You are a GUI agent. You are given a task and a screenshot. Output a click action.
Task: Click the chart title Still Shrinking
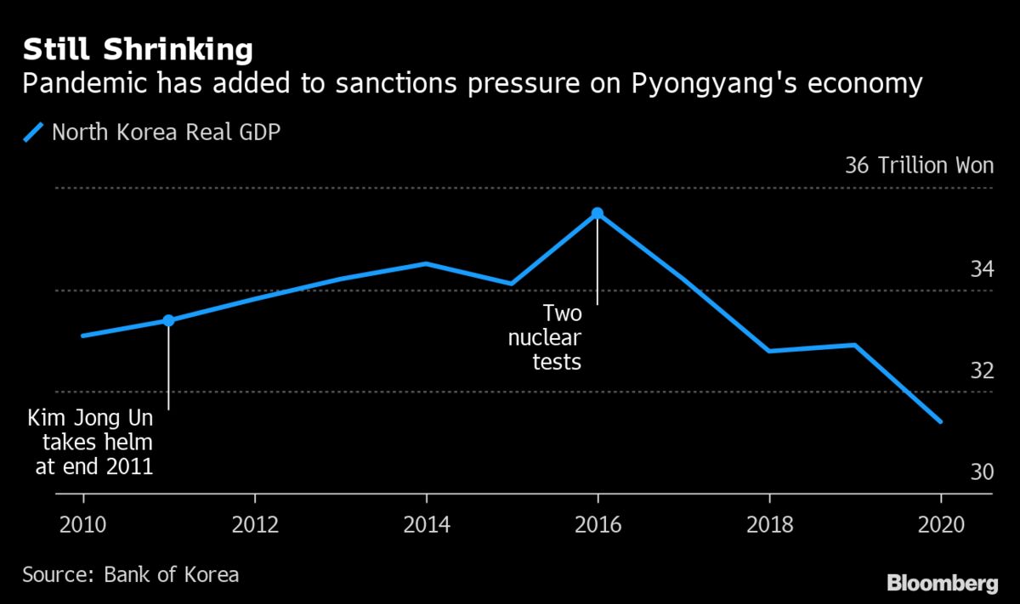138,50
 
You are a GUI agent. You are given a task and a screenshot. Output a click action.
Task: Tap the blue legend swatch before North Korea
35,133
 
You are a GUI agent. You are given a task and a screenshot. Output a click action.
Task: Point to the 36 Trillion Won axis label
919,165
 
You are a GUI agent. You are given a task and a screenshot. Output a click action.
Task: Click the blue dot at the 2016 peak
598,213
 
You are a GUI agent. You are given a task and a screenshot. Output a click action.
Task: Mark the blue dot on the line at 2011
168,320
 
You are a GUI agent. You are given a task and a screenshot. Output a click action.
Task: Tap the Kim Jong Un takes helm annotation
91,442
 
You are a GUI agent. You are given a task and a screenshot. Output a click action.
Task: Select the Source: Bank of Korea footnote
130,574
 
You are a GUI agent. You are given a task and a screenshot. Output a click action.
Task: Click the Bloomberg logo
942,584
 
